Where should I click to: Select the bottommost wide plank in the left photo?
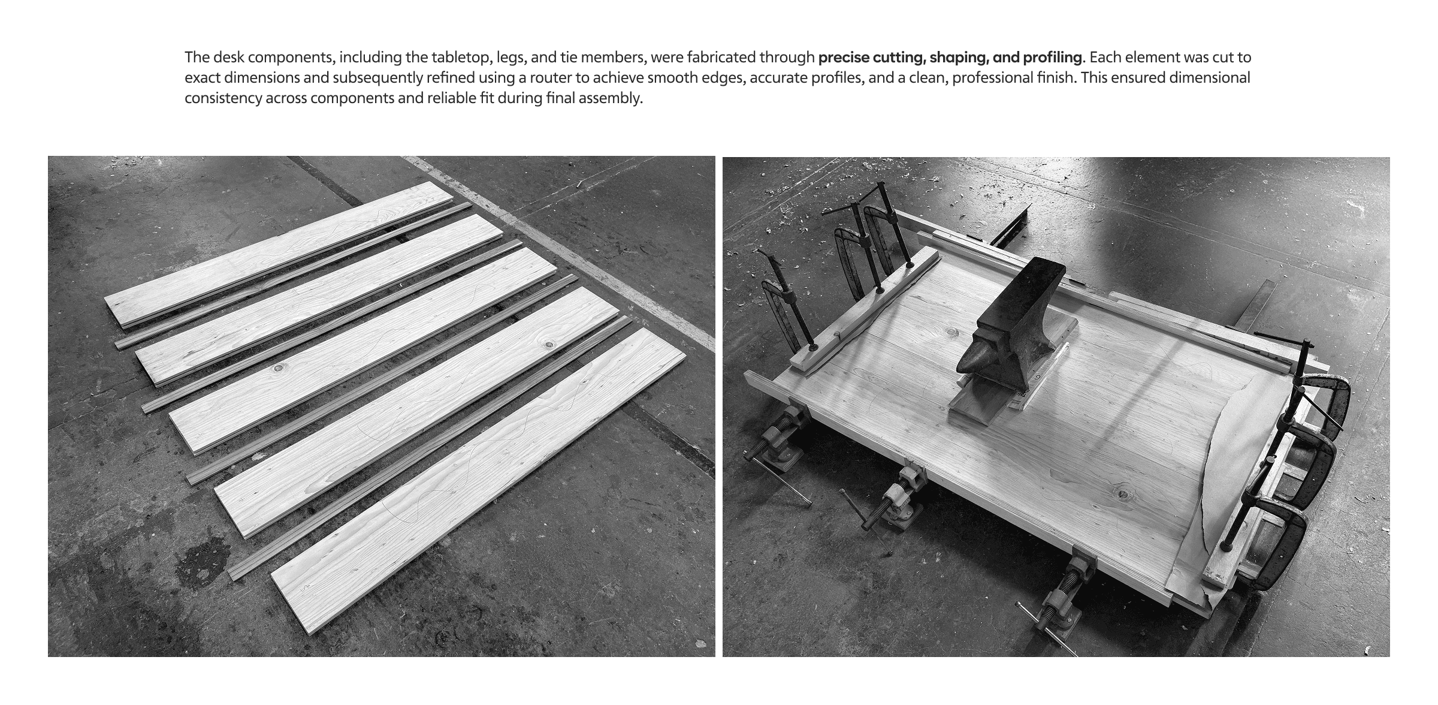click(x=478, y=480)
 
